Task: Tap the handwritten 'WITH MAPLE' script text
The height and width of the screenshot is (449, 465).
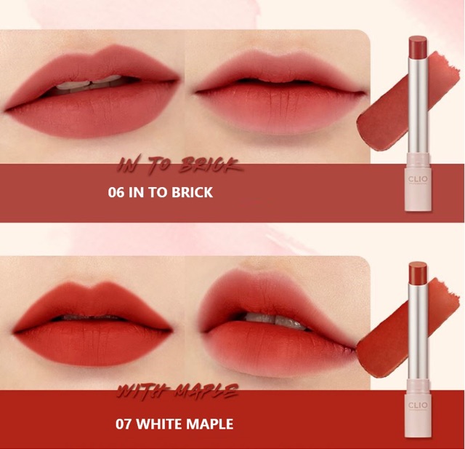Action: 178,394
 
